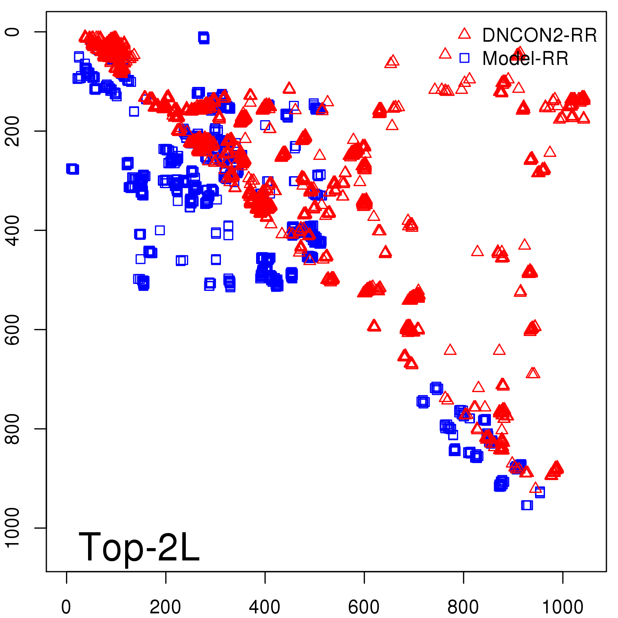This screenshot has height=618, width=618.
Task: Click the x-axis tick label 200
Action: click(x=165, y=607)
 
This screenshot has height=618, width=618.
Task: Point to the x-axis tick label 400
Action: click(x=265, y=607)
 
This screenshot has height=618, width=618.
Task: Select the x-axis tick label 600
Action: click(x=364, y=607)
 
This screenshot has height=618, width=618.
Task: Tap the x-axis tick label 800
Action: click(x=463, y=607)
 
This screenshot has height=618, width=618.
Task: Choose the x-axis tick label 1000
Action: click(x=562, y=607)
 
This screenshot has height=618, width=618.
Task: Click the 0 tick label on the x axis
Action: click(x=66, y=607)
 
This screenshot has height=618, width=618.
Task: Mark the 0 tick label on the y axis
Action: click(x=12, y=32)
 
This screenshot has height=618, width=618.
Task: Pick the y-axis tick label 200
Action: click(x=12, y=131)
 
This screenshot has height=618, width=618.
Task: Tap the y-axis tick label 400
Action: click(x=12, y=230)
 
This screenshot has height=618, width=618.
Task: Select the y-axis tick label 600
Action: click(x=12, y=329)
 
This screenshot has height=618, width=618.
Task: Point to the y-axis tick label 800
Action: click(x=12, y=429)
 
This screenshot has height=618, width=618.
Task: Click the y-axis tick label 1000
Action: click(x=12, y=528)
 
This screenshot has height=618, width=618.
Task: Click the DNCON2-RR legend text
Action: click(x=540, y=36)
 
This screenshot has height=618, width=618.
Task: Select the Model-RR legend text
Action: click(x=525, y=59)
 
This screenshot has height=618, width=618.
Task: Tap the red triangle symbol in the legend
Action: click(x=464, y=34)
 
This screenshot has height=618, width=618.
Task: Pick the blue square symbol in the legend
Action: click(x=464, y=58)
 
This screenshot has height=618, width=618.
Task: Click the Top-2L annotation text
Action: click(x=139, y=547)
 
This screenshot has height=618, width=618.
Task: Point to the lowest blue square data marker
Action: click(x=527, y=505)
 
